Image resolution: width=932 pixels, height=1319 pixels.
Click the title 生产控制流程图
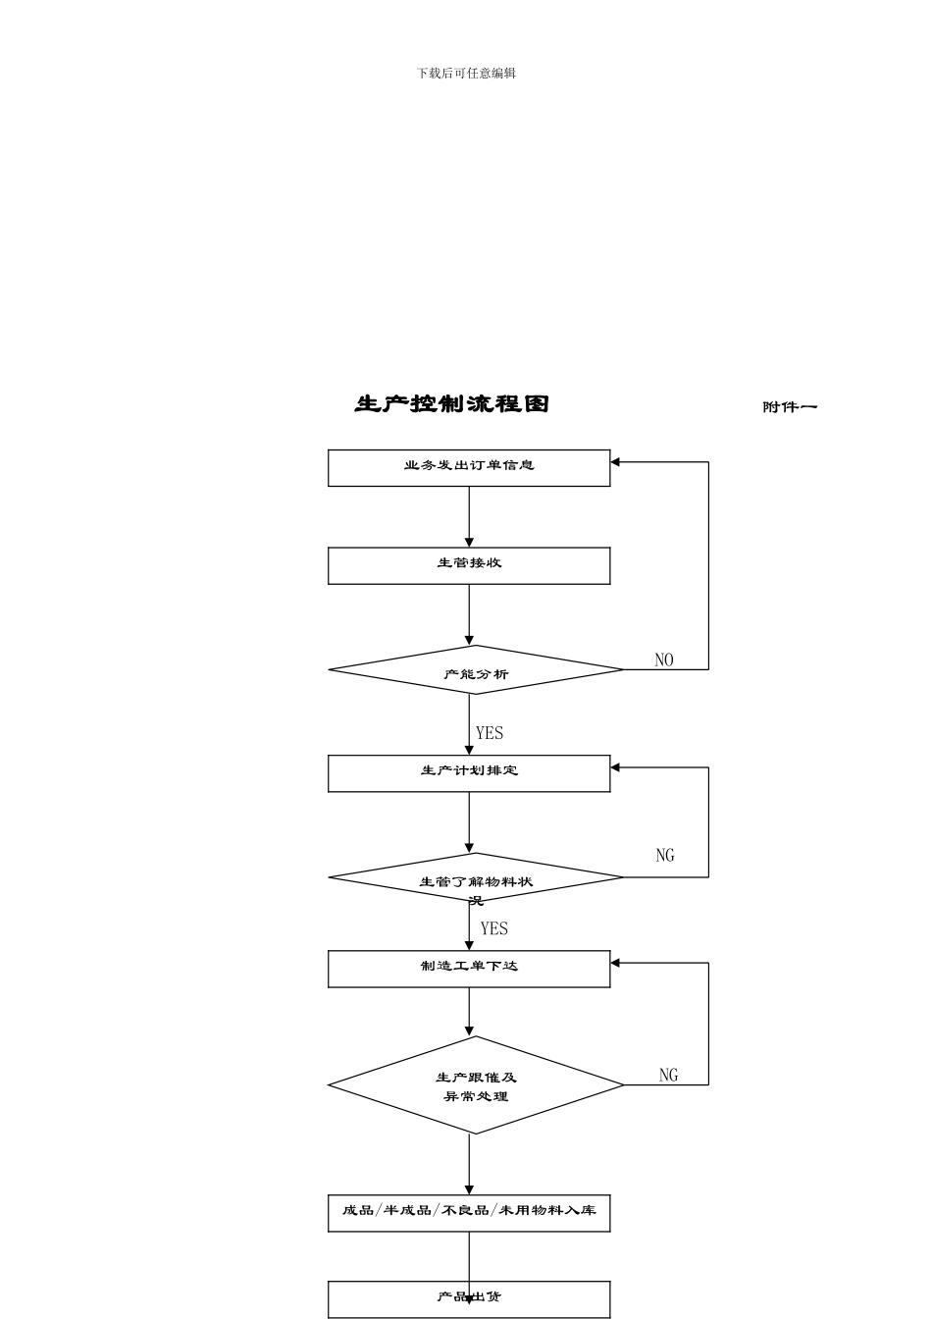(x=452, y=404)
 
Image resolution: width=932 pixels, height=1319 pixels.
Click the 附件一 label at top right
(x=790, y=407)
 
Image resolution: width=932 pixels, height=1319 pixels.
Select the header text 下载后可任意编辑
(x=466, y=74)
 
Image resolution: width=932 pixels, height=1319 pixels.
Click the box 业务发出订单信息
(x=469, y=467)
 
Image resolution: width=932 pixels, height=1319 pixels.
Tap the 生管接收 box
(x=469, y=565)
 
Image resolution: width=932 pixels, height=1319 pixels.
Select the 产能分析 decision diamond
(x=476, y=670)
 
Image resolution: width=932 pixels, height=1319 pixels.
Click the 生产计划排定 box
(x=469, y=773)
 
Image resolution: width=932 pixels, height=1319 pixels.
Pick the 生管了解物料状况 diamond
(x=476, y=878)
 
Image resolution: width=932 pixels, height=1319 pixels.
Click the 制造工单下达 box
(x=469, y=969)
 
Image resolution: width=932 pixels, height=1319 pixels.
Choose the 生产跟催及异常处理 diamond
(x=476, y=1085)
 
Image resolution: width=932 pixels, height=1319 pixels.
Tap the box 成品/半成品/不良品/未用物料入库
(x=469, y=1213)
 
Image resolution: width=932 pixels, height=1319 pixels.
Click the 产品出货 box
(x=469, y=1298)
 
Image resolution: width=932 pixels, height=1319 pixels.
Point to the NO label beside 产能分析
(x=664, y=660)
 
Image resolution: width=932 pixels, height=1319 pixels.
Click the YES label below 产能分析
(x=490, y=733)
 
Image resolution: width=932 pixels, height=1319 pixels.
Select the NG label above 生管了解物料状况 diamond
(x=665, y=856)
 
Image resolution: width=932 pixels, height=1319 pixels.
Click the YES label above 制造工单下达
(x=494, y=928)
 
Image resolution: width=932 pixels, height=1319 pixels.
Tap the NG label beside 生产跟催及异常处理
(x=668, y=1076)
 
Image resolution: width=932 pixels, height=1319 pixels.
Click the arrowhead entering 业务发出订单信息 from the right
(x=616, y=461)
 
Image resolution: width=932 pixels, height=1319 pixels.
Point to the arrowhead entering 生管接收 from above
(x=469, y=542)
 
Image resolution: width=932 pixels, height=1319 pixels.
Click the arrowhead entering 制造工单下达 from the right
(x=616, y=963)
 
